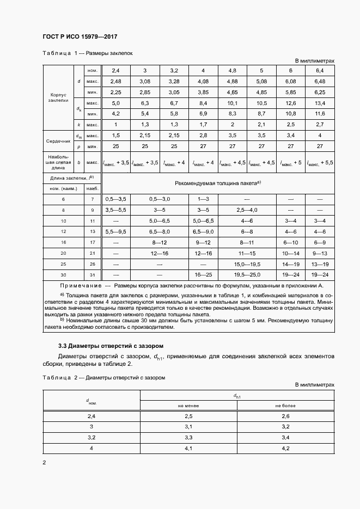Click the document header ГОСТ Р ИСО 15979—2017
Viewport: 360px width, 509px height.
click(x=80, y=37)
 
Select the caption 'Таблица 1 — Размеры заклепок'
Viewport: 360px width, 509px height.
click(x=87, y=53)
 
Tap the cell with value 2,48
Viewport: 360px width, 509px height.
click(x=115, y=81)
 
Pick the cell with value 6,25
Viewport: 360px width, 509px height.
click(x=320, y=92)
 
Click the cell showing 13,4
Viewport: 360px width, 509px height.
click(x=320, y=103)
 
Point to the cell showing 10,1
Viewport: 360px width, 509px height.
click(x=232, y=103)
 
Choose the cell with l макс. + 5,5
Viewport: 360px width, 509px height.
click(x=320, y=162)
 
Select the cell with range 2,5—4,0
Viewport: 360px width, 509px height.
click(x=247, y=210)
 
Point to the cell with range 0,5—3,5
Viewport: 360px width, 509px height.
click(x=115, y=200)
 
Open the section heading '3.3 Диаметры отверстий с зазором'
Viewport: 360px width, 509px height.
click(x=111, y=346)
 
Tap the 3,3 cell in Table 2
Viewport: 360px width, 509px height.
click(x=189, y=437)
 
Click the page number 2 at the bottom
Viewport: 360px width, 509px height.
click(x=44, y=463)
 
